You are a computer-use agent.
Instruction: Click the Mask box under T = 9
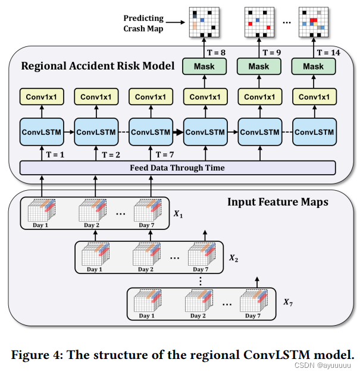tap(259, 67)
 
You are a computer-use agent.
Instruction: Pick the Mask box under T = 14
tap(314, 67)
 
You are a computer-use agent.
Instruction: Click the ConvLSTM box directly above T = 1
tap(41, 132)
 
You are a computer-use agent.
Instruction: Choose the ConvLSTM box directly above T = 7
tap(150, 132)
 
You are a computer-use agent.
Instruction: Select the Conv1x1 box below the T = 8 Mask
tap(204, 96)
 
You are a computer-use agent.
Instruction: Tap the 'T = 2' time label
tap(109, 154)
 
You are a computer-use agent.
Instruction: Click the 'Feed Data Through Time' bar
tap(177, 168)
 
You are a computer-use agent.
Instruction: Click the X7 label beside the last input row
tap(287, 302)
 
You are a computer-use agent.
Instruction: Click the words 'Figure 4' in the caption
tap(36, 355)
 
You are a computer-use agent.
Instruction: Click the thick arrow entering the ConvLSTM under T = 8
tap(177, 132)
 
